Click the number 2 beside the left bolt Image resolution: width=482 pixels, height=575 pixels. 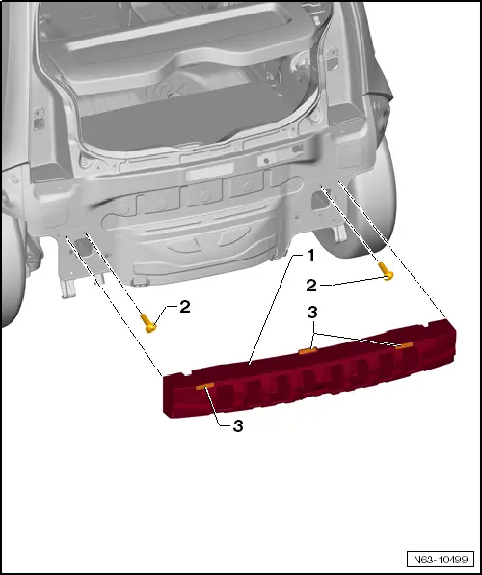[184, 308]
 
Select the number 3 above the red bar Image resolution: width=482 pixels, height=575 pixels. [311, 314]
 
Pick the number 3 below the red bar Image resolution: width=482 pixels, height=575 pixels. [237, 425]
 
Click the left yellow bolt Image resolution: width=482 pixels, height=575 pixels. [150, 322]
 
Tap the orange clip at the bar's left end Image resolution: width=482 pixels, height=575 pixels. [204, 386]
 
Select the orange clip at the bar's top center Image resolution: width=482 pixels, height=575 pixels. [308, 351]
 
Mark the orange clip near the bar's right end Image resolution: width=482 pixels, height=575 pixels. [404, 345]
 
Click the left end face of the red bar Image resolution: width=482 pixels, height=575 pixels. [167, 395]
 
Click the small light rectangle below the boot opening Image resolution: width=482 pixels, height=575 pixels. [210, 174]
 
